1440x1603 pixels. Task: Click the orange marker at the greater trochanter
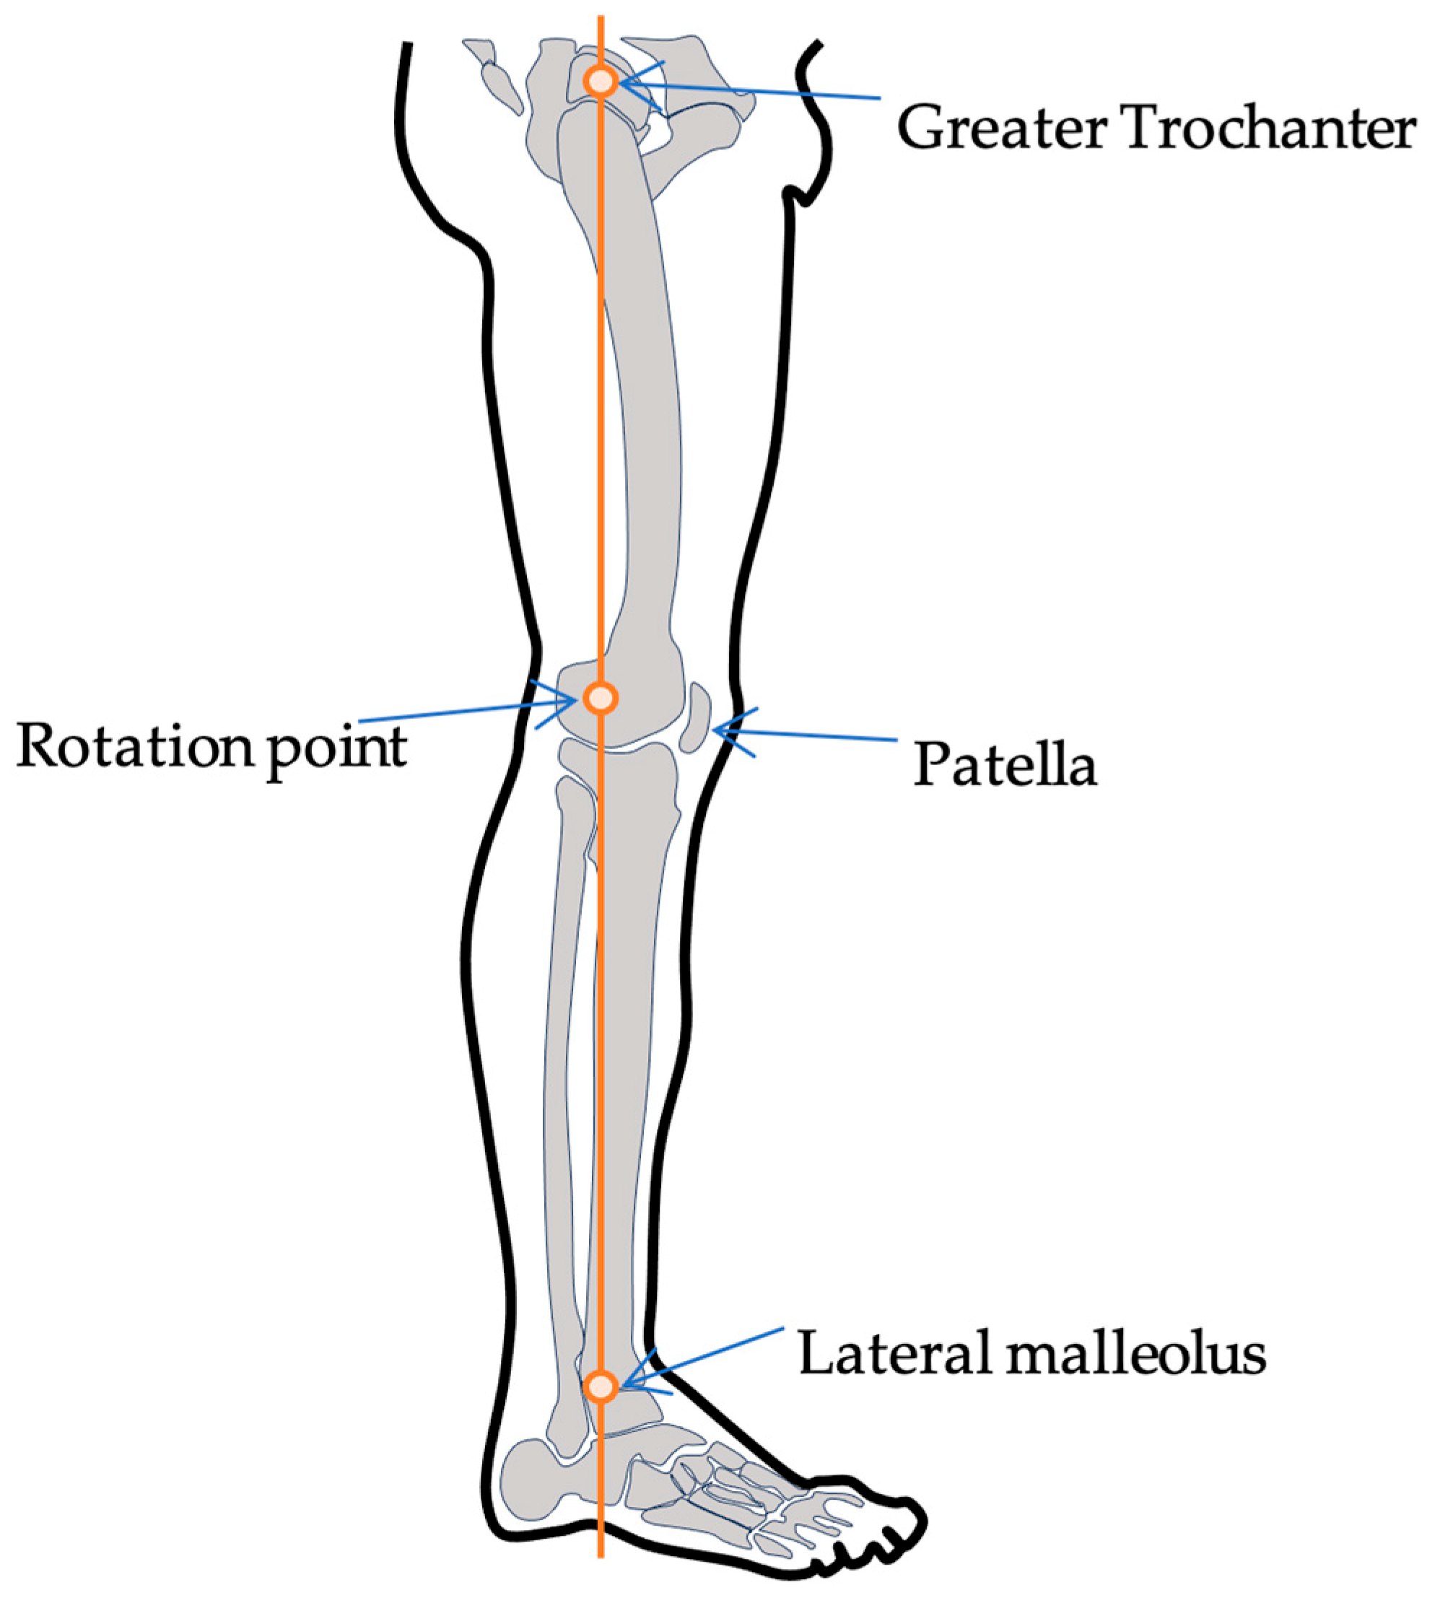[601, 81]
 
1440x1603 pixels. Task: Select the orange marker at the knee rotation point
[601, 698]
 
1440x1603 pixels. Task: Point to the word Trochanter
[1269, 129]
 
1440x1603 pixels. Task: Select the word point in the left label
[337, 750]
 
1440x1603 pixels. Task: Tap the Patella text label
[1005, 766]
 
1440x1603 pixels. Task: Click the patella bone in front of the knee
[694, 717]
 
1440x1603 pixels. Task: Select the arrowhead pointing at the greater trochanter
[625, 83]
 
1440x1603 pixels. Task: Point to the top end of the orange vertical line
[601, 17]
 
